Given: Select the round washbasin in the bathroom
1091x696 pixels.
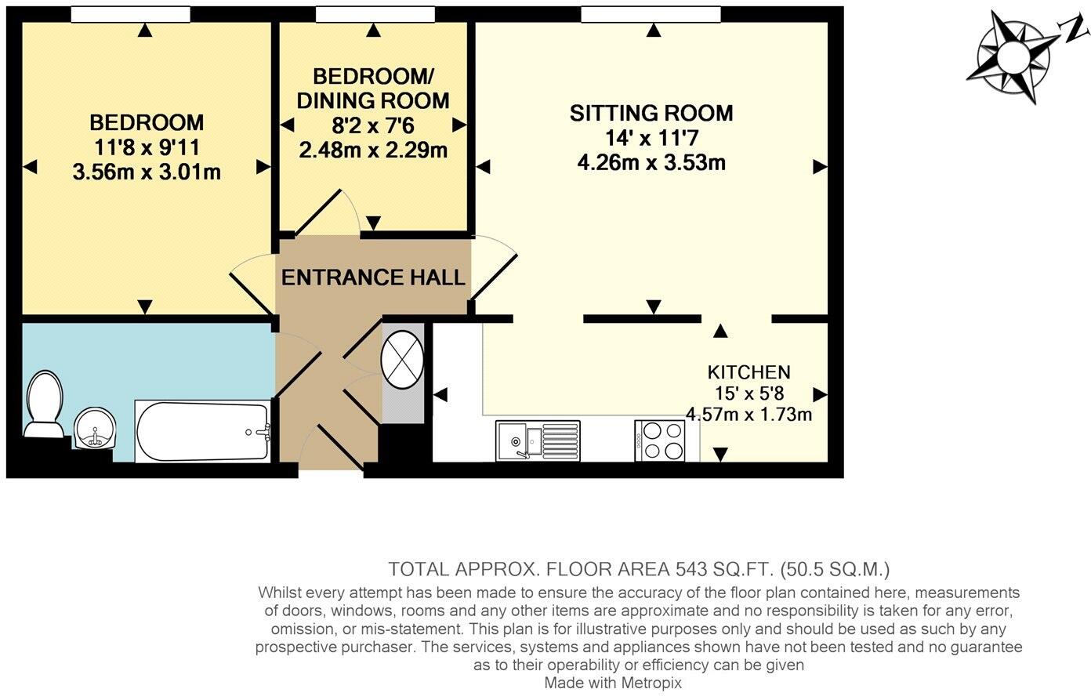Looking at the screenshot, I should click(x=95, y=430).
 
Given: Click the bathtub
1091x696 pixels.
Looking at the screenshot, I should click(x=203, y=432).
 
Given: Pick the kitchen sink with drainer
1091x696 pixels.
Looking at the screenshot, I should click(x=538, y=440).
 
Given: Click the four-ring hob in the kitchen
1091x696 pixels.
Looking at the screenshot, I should click(x=658, y=440).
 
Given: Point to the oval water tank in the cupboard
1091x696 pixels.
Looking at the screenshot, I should click(x=402, y=361).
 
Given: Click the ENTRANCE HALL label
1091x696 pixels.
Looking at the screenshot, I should click(x=373, y=277).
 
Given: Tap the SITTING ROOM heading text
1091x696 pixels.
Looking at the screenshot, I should click(x=651, y=113).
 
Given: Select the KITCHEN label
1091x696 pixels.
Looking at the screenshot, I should click(x=748, y=372).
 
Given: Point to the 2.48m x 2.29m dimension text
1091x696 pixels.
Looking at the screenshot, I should click(x=373, y=149).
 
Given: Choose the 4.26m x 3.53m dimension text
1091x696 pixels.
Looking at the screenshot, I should click(x=651, y=163).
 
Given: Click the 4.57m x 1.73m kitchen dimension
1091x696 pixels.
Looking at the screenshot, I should click(x=748, y=413).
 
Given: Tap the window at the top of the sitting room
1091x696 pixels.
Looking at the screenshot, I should click(x=651, y=14).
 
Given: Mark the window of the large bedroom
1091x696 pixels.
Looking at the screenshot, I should click(x=130, y=14).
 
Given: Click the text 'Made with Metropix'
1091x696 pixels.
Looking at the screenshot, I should click(x=613, y=683).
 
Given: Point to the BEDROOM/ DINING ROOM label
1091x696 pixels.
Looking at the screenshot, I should click(x=373, y=89).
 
